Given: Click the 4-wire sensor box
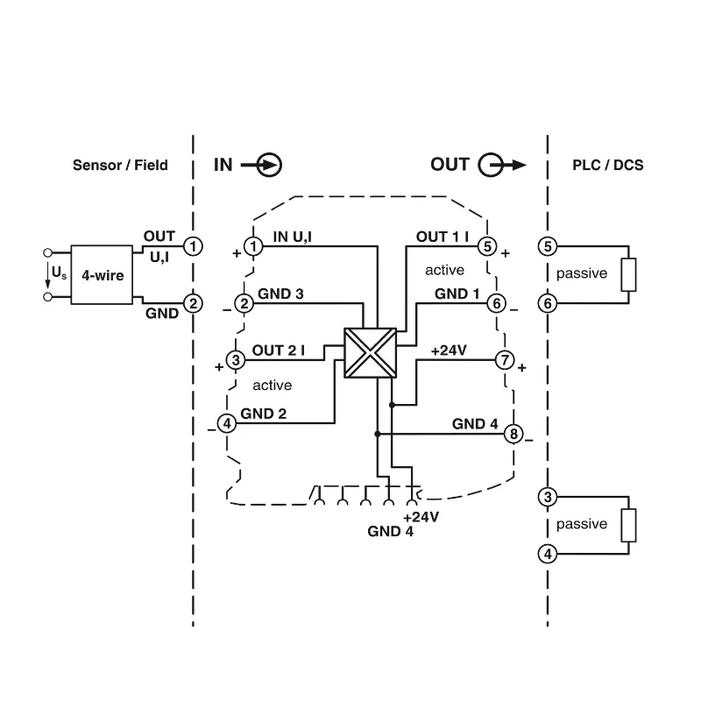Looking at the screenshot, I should (x=102, y=275).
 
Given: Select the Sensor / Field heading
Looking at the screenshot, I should (x=120, y=165).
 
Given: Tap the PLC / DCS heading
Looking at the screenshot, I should (x=606, y=165).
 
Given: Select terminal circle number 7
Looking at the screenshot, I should (x=505, y=360).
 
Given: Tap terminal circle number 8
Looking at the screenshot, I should (x=513, y=434).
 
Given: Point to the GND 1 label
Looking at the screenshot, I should (x=457, y=294).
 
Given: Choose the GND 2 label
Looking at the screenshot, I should (x=263, y=413).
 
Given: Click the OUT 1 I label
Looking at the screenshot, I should (x=443, y=237).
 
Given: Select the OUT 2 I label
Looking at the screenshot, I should (x=279, y=350).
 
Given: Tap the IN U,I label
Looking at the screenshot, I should (x=300, y=237).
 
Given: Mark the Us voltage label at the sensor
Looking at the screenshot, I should (x=59, y=273).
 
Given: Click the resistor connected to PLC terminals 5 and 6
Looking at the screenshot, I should (x=628, y=275).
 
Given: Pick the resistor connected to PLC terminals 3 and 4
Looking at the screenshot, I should (x=628, y=525).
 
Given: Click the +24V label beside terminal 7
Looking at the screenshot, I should (x=449, y=350).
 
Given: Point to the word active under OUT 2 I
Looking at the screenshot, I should (x=272, y=385).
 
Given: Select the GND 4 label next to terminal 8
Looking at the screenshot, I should (x=475, y=424).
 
